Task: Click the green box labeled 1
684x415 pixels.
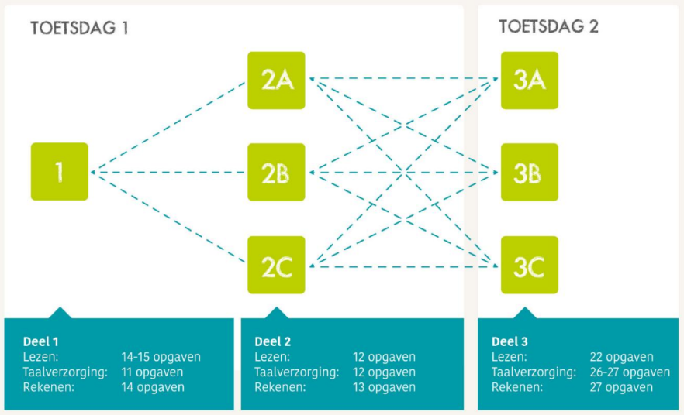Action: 60,172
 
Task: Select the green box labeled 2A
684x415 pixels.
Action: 276,81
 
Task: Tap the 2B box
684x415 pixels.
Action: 276,172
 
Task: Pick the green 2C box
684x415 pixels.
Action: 276,265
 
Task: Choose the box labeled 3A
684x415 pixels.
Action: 530,81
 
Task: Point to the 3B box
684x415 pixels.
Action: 530,172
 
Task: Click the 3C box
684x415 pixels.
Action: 530,265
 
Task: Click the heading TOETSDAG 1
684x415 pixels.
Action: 78,29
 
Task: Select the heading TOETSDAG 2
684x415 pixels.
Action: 548,26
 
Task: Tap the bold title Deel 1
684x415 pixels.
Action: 40,341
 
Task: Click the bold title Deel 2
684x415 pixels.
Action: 273,341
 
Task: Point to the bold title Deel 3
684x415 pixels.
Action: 510,341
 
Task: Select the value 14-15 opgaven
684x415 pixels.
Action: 161,357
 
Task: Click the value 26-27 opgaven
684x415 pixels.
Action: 630,372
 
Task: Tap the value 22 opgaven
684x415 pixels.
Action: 621,357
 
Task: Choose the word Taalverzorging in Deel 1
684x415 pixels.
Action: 65,372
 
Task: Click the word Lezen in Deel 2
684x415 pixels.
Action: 272,357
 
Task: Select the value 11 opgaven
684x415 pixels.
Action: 153,372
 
